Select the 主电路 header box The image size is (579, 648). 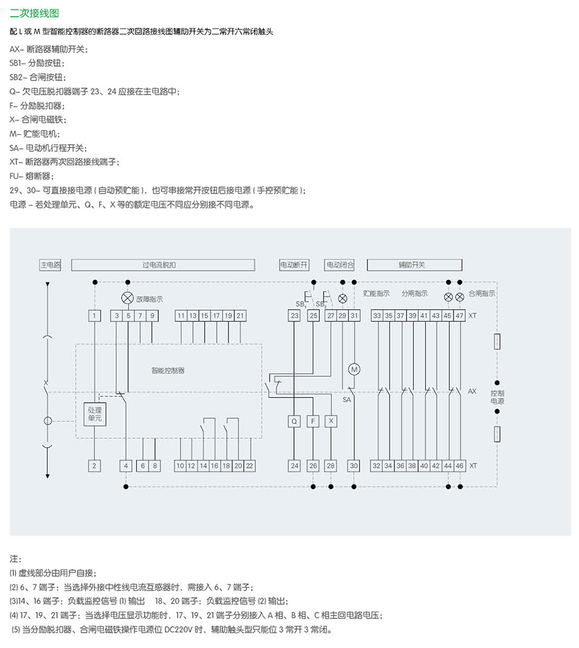point(51,264)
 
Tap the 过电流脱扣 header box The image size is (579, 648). point(163,264)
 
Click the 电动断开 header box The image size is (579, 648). point(294,264)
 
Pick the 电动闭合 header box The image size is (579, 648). point(340,264)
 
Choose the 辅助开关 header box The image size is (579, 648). point(414,264)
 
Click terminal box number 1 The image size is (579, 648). point(95,315)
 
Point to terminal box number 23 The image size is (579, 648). point(295,315)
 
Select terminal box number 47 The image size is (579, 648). point(459,315)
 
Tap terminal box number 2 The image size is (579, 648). point(95,465)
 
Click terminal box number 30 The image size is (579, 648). point(353,465)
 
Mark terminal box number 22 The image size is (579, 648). point(250,465)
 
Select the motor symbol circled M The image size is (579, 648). point(353,369)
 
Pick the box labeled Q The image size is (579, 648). point(295,421)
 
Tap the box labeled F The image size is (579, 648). point(313,421)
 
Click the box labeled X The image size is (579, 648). point(331,421)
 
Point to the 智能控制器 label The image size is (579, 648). point(168,371)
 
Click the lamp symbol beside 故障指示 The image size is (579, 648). point(127,298)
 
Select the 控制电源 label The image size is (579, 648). point(497,396)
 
